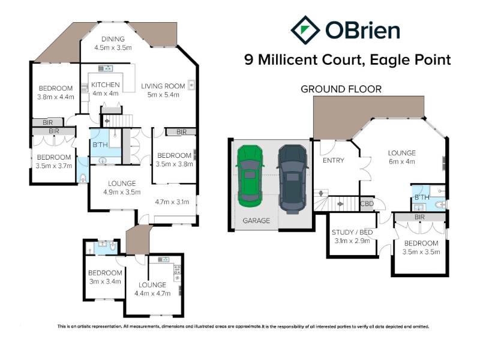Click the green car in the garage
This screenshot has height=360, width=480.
[250, 176]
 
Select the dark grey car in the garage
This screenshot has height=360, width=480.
[292, 179]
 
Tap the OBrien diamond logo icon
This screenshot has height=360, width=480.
[305, 30]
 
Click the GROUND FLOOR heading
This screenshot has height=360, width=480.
[341, 89]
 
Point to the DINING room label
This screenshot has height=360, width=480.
[113, 39]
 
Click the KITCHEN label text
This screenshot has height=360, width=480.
[106, 85]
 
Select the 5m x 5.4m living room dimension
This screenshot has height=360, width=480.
[163, 95]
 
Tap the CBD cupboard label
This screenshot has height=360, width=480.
[367, 203]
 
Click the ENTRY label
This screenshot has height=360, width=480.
[334, 160]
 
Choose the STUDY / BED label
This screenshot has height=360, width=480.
[352, 232]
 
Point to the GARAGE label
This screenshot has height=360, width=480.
[256, 220]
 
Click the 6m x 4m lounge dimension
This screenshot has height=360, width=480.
[401, 161]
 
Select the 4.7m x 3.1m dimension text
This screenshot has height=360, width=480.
[172, 202]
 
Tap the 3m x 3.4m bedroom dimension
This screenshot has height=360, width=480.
[105, 281]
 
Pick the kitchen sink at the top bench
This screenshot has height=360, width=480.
[106, 68]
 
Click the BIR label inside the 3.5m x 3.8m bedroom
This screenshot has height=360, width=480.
[181, 132]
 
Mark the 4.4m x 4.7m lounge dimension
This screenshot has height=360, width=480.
[152, 293]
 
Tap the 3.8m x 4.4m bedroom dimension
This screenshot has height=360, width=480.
[56, 97]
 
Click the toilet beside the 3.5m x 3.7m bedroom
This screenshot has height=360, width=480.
[83, 178]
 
